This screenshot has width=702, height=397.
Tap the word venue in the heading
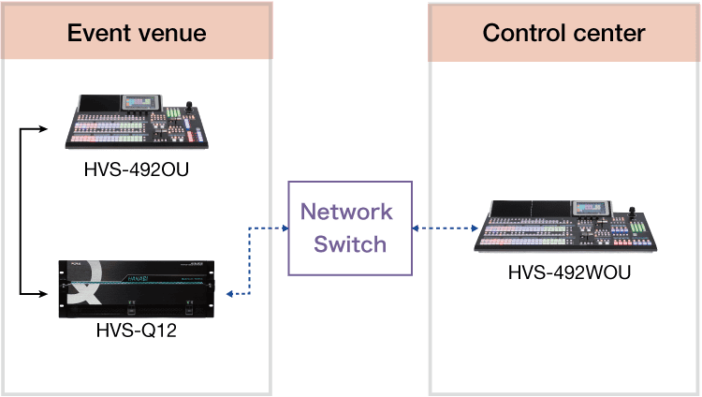click(172, 34)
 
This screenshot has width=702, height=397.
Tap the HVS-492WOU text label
click(569, 273)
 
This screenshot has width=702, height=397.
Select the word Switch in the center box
click(349, 244)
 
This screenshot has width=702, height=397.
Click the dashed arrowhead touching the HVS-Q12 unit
click(230, 295)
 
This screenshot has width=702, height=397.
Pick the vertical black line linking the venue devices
click(21, 212)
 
